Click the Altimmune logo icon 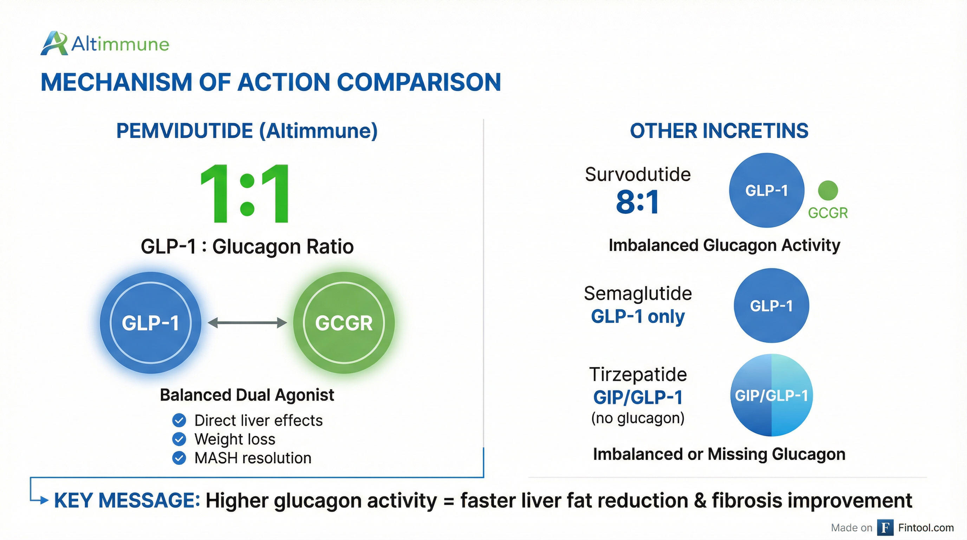pyautogui.click(x=54, y=44)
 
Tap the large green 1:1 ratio pyautogui.click(x=245, y=194)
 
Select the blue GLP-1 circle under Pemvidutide pyautogui.click(x=150, y=323)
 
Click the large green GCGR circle pyautogui.click(x=344, y=323)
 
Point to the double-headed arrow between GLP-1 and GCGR pyautogui.click(x=247, y=323)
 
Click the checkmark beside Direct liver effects pyautogui.click(x=179, y=420)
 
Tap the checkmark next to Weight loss pyautogui.click(x=179, y=439)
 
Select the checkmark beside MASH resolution pyautogui.click(x=179, y=458)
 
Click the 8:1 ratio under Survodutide pyautogui.click(x=637, y=202)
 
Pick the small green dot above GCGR pyautogui.click(x=828, y=191)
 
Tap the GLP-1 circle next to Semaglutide pyautogui.click(x=771, y=305)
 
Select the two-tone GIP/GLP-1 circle pyautogui.click(x=771, y=395)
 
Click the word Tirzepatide pyautogui.click(x=638, y=374)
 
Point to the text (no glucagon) pyautogui.click(x=638, y=418)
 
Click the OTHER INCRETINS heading pyautogui.click(x=719, y=131)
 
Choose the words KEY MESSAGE pyautogui.click(x=127, y=501)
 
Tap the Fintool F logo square pyautogui.click(x=885, y=528)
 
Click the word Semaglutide pyautogui.click(x=638, y=293)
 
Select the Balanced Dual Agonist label pyautogui.click(x=247, y=395)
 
